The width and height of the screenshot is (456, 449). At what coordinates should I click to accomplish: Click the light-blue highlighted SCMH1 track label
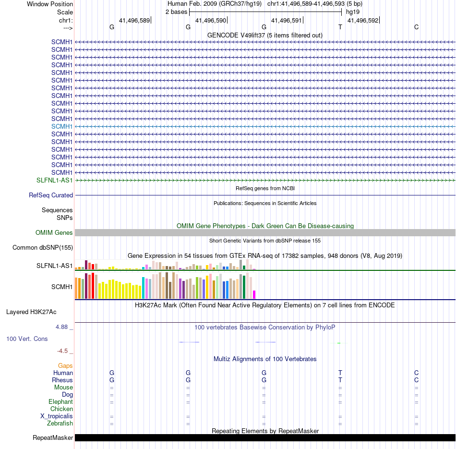(x=62, y=126)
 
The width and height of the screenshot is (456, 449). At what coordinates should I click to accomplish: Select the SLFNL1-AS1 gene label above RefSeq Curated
(x=55, y=180)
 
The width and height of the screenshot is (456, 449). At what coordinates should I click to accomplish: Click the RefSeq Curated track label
(x=51, y=195)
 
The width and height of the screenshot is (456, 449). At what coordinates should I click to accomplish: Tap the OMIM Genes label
(x=54, y=233)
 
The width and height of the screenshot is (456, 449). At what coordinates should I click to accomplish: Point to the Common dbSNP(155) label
(x=43, y=248)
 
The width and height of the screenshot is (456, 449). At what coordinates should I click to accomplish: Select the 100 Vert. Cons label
(x=27, y=339)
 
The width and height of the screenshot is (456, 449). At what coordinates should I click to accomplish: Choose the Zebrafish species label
(x=60, y=424)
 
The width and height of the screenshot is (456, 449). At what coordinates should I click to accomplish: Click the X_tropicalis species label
(x=57, y=416)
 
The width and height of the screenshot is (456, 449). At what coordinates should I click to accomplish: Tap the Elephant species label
(x=60, y=402)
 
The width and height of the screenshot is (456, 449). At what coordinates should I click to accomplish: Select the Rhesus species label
(x=62, y=380)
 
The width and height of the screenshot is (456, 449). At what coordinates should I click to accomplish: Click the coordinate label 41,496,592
(x=363, y=21)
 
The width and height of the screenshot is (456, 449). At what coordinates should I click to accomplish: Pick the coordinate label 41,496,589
(x=134, y=21)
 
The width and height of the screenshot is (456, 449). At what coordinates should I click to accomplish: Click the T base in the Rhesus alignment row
(x=340, y=380)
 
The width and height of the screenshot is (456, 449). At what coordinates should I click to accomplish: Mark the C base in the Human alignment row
(x=417, y=373)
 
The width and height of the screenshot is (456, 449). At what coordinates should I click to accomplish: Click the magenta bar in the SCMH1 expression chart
(x=254, y=294)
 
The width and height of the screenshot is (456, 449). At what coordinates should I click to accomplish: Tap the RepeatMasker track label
(x=53, y=438)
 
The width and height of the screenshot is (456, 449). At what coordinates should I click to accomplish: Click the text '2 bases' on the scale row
(x=176, y=12)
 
